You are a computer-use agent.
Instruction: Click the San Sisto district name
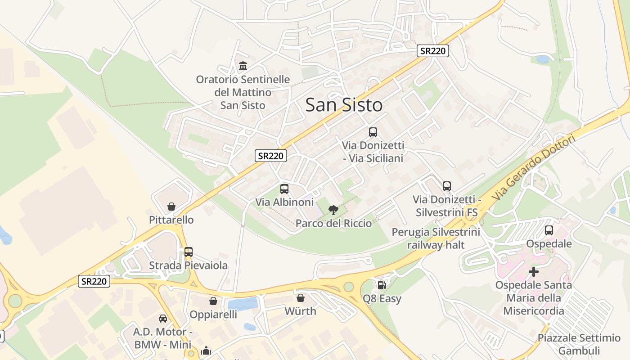click(344, 105)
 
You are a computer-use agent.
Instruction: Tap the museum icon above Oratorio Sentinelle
click(243, 66)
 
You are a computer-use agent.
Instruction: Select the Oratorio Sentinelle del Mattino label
click(243, 92)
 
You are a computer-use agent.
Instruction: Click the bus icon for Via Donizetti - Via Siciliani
click(373, 132)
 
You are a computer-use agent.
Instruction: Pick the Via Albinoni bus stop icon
click(284, 189)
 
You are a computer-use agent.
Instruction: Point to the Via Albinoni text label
click(284, 202)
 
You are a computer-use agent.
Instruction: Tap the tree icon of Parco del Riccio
click(333, 210)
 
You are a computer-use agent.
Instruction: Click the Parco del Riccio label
click(333, 223)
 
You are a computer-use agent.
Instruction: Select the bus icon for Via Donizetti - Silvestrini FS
click(447, 186)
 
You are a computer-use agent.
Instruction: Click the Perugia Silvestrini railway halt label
click(436, 238)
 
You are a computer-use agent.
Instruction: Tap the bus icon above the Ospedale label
click(549, 230)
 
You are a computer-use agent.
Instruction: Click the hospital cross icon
click(534, 272)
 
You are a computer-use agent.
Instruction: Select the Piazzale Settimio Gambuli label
click(579, 344)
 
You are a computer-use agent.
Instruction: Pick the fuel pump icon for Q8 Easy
click(382, 285)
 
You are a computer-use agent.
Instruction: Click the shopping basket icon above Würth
click(301, 298)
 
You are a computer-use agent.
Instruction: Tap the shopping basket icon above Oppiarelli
click(213, 301)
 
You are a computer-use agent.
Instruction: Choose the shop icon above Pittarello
click(171, 207)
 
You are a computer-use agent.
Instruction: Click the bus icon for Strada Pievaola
click(189, 252)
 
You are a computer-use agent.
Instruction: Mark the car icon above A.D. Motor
click(163, 319)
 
